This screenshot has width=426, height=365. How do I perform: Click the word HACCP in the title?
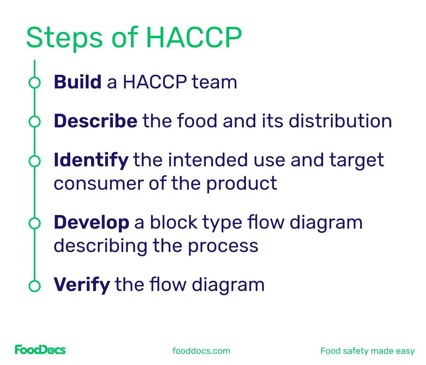point(194,38)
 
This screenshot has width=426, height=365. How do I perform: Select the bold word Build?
point(78,82)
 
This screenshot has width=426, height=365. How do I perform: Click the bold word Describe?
point(95,121)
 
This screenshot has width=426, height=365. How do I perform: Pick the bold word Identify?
point(91,160)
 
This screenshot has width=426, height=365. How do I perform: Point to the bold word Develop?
point(92,222)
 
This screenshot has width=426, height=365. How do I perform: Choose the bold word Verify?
point(82,284)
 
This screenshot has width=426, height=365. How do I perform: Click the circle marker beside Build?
point(35,83)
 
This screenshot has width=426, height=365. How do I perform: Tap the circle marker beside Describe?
point(35,122)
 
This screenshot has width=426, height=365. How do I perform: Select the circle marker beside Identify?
point(35,160)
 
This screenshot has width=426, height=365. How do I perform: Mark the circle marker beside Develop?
point(35,223)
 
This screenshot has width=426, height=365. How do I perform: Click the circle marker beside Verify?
point(35,285)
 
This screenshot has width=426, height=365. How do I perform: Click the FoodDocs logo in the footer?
point(40,350)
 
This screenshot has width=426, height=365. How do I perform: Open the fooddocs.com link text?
point(201,351)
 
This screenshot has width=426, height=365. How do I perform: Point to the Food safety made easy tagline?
point(367,351)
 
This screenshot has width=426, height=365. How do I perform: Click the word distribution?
point(340,121)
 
